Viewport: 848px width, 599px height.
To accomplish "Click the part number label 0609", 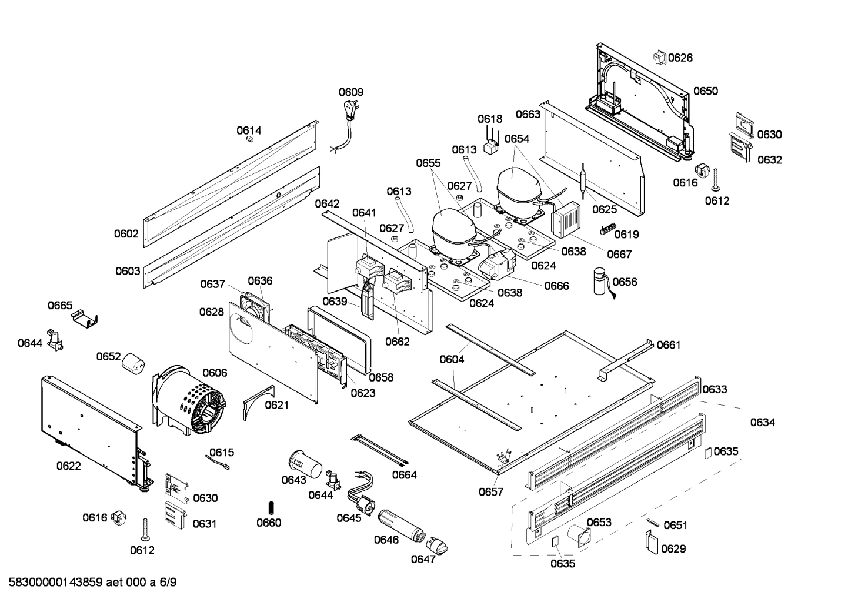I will click(x=350, y=92).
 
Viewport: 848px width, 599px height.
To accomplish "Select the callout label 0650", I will click(x=705, y=91).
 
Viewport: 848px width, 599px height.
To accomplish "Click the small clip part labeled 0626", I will click(x=659, y=57).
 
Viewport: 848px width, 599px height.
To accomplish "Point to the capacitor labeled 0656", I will click(x=600, y=282).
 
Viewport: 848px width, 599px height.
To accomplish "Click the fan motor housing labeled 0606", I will click(x=189, y=400).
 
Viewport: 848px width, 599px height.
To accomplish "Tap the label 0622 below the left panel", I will click(x=69, y=466).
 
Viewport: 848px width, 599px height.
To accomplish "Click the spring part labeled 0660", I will click(x=271, y=507).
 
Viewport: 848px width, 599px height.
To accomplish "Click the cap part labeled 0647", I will click(x=438, y=544).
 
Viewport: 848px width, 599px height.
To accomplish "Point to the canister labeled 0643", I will click(x=305, y=464).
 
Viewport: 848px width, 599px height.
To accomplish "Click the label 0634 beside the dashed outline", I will click(x=762, y=422).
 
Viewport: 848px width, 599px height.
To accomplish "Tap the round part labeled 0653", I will click(x=582, y=536).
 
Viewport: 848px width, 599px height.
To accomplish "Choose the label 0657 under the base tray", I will click(x=490, y=491).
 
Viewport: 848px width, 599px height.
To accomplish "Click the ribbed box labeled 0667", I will click(x=565, y=221).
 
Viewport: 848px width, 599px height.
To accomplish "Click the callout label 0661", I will click(x=668, y=344).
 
